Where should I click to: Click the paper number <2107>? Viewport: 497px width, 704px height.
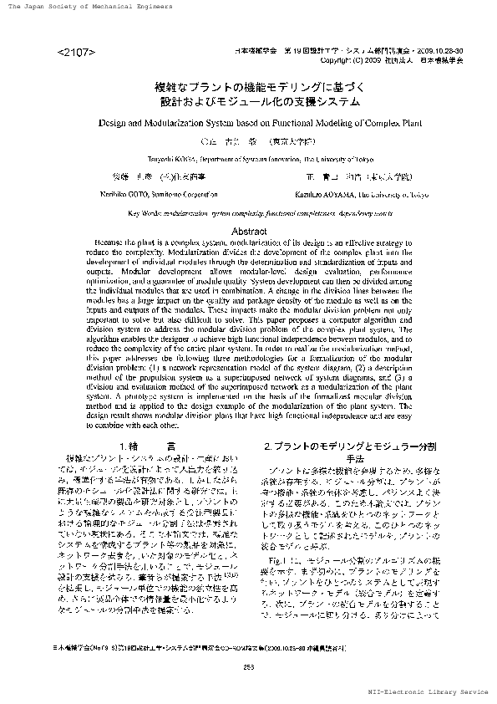point(76,53)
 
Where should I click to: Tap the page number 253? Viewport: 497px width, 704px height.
point(248,666)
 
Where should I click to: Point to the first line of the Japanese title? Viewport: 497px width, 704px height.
point(248,88)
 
